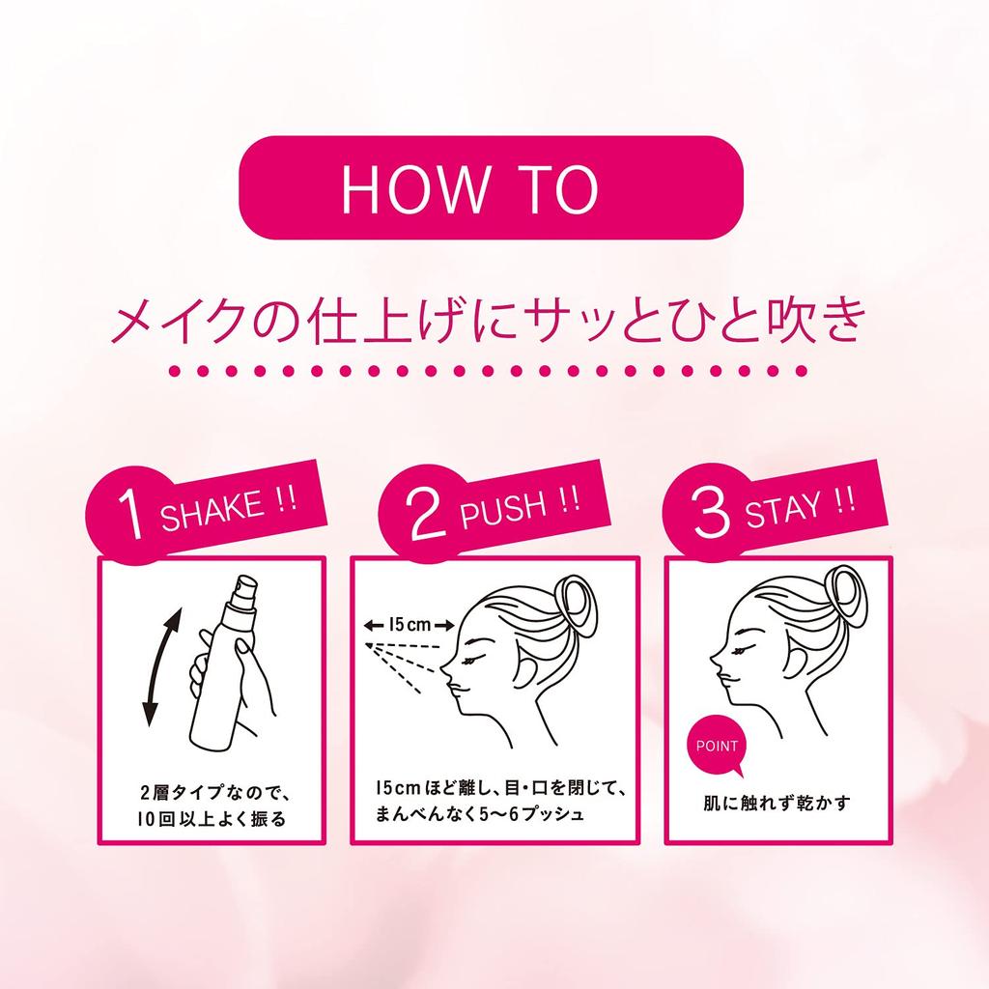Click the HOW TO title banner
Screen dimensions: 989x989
[490, 187]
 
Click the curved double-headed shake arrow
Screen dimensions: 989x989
[158, 665]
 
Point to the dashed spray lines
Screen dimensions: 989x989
[406, 667]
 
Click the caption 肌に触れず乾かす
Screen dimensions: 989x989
[776, 803]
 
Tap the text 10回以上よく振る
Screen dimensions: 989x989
[212, 821]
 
